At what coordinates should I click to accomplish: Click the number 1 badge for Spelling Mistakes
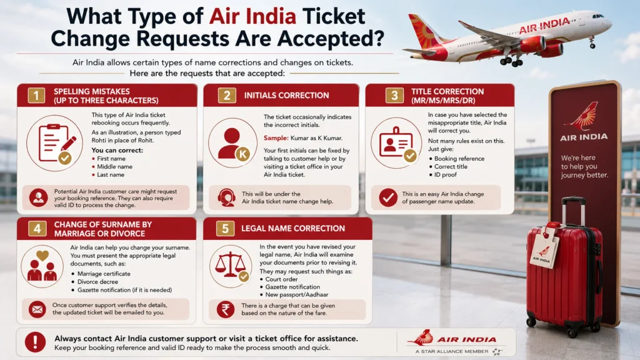click(x=36, y=96)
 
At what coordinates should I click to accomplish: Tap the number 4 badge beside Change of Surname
click(x=37, y=229)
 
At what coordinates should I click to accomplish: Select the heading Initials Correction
click(x=286, y=96)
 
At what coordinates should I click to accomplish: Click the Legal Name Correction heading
click(x=293, y=229)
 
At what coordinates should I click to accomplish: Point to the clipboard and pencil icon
click(x=55, y=143)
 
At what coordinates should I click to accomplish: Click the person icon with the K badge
click(x=233, y=143)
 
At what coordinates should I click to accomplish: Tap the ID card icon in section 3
click(x=396, y=143)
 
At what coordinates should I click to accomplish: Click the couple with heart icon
click(x=42, y=266)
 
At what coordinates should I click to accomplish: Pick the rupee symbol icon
click(x=225, y=309)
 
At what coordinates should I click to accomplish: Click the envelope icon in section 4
click(x=37, y=309)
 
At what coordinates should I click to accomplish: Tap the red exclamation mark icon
click(x=36, y=342)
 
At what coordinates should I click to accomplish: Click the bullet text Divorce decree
click(x=97, y=282)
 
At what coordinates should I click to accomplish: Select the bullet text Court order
click(x=281, y=279)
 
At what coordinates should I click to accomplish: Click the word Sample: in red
click(x=276, y=138)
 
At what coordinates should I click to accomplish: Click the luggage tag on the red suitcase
click(x=544, y=247)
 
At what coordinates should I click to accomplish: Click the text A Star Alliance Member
click(x=452, y=351)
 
